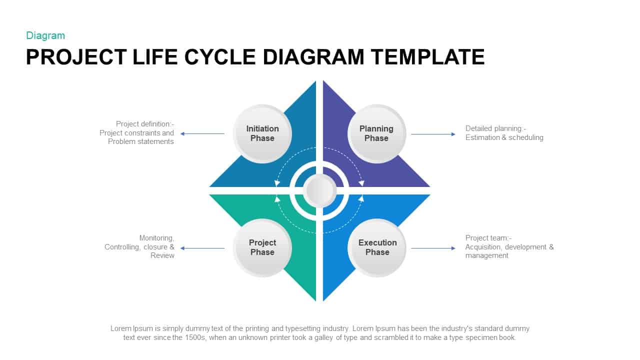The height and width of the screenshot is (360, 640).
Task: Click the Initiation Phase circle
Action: tap(262, 133)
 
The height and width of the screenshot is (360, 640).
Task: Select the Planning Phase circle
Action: tap(376, 133)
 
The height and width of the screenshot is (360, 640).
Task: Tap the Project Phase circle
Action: tap(262, 247)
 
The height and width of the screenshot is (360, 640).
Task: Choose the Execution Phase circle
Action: tap(377, 247)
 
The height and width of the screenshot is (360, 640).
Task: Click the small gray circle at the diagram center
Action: tap(320, 190)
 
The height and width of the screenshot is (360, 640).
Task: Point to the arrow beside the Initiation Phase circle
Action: tap(202, 133)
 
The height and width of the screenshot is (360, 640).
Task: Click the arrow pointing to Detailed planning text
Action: tap(433, 134)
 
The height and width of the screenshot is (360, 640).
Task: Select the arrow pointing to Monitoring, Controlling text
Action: tap(202, 248)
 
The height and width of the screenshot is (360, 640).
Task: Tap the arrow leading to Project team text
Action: tap(433, 248)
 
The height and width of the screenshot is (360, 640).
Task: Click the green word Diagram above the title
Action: tap(45, 35)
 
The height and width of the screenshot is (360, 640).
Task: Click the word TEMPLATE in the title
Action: tap(427, 57)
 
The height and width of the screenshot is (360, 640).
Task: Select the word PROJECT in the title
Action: tap(76, 57)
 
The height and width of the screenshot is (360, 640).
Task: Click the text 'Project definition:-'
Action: tap(145, 124)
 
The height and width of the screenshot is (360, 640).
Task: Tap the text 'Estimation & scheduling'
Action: tap(504, 137)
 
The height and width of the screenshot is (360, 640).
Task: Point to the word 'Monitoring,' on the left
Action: tap(156, 238)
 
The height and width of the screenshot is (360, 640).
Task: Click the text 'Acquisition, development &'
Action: tap(509, 247)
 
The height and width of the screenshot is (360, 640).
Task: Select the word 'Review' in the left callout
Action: tap(162, 255)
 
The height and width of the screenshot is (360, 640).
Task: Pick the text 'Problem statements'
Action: tap(141, 141)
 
